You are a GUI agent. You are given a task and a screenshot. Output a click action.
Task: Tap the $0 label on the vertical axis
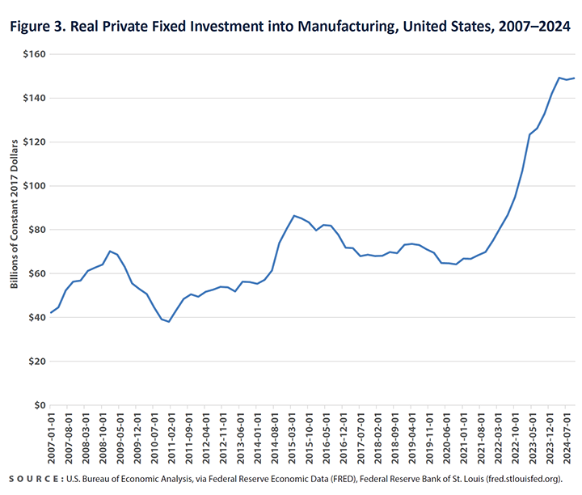(x=36, y=405)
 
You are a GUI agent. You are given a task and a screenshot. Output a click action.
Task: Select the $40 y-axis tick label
(x=35, y=318)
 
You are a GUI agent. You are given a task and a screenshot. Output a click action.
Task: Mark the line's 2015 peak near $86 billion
(x=293, y=216)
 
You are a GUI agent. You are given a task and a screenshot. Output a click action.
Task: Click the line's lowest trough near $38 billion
(x=169, y=322)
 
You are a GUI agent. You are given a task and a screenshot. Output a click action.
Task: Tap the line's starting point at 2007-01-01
(x=51, y=313)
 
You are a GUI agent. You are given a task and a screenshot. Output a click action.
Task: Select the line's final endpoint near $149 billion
(x=574, y=78)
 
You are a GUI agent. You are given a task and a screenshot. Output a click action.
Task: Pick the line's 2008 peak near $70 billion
(x=110, y=252)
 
